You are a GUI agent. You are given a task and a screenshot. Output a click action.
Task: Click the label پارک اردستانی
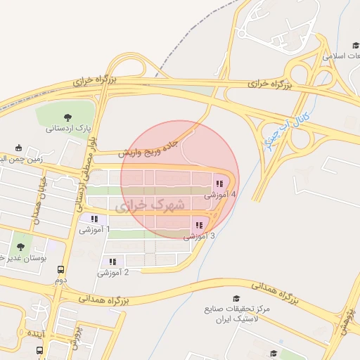click(x=69, y=129)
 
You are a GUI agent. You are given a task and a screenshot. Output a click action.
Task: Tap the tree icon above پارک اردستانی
click(x=67, y=117)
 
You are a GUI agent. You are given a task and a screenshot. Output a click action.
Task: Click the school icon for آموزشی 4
click(x=219, y=184)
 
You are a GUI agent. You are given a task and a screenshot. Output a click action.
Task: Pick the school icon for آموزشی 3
click(x=199, y=225)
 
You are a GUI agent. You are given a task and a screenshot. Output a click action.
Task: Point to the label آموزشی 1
click(x=94, y=229)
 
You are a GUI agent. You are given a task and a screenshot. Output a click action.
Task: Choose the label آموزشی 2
click(x=112, y=272)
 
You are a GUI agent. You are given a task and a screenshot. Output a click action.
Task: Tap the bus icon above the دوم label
click(x=61, y=269)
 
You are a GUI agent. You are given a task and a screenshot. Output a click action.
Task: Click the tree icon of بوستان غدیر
click(x=19, y=247)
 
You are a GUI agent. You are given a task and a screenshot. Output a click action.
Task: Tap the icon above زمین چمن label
click(x=19, y=148)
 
